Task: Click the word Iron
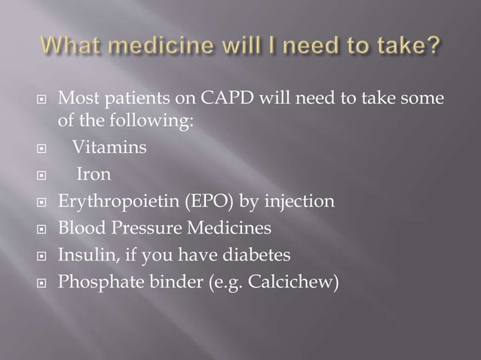[94, 175]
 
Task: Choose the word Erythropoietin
[111, 202]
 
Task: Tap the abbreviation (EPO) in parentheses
[195, 202]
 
